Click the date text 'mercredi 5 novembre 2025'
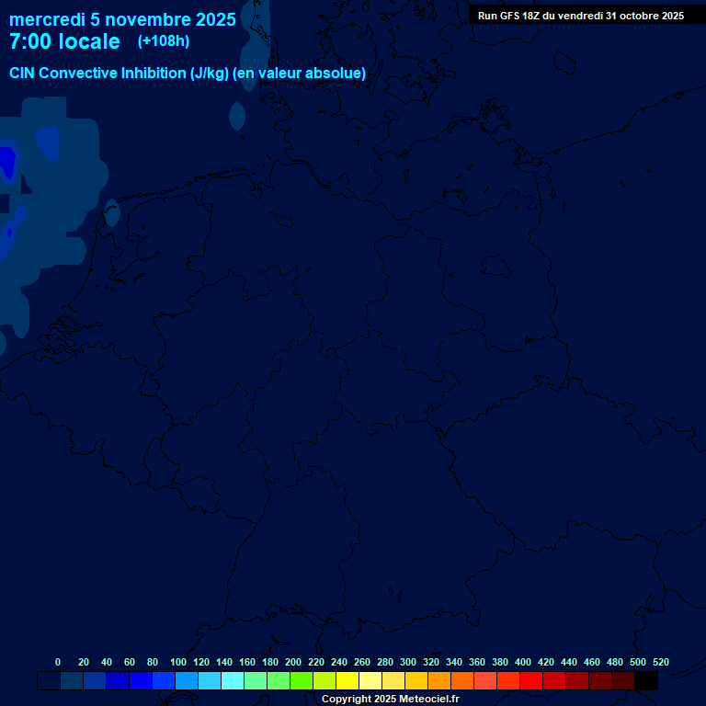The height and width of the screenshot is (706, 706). pos(122,19)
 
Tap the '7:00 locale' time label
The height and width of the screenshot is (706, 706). pos(64,41)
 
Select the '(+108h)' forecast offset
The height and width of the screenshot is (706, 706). pos(164,41)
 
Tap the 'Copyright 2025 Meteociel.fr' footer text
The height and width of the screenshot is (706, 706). pos(390,699)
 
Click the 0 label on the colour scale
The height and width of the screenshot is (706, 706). pos(58,662)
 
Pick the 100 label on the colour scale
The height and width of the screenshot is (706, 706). pos(177,662)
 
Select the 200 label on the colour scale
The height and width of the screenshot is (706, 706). pos(292,662)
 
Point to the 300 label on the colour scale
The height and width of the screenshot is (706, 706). pos(407,662)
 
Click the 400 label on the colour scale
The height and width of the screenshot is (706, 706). pos(522,662)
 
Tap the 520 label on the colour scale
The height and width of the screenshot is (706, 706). pos(660,662)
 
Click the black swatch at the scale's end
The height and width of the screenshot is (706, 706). pos(646,681)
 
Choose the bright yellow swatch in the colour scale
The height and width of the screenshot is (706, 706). pos(347,681)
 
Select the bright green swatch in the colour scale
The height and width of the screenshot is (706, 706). pos(302,681)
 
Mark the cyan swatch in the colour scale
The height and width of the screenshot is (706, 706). pos(233,681)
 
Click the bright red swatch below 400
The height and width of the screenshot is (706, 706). pos(531,681)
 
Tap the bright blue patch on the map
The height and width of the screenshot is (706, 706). pos(7,163)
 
